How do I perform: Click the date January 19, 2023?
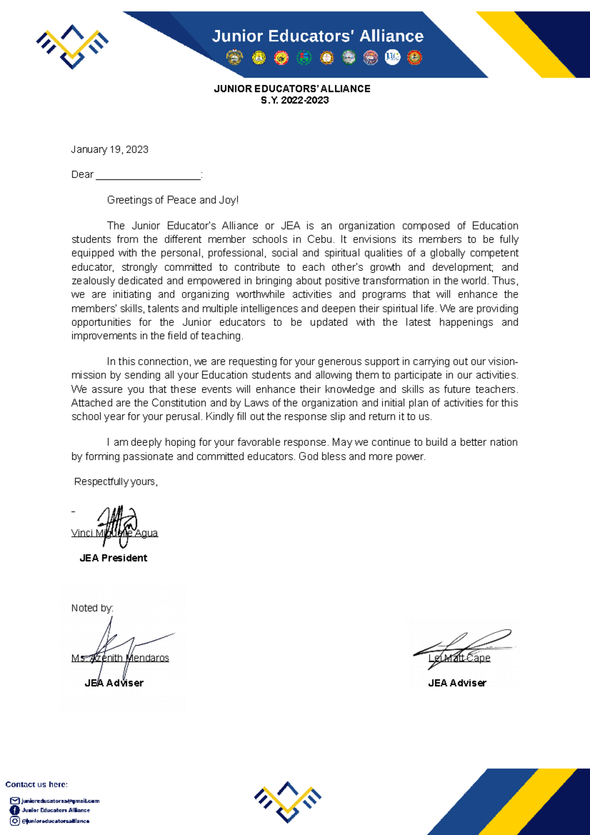coord(110,149)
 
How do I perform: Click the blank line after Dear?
coord(148,176)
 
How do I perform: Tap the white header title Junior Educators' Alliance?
coord(318,36)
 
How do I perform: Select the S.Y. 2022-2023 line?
coord(295,100)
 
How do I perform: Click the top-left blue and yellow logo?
coord(72,47)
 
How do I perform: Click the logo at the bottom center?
coord(288,802)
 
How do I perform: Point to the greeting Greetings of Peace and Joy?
coord(173,200)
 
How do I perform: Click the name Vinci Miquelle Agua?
coord(115,533)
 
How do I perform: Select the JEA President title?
coord(113,558)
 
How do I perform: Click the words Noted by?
coord(92,608)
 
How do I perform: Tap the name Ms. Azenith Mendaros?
coord(120,658)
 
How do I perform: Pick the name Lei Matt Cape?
coord(459,658)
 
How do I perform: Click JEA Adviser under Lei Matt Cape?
coord(457,683)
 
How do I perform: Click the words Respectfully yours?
coord(116,482)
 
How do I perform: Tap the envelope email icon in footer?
coord(15,801)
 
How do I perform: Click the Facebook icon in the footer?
coord(15,810)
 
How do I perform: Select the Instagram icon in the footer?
coord(15,821)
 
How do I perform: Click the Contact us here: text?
coord(36,784)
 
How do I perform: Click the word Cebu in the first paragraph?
coord(321,239)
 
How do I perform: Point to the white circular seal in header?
coord(392,58)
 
